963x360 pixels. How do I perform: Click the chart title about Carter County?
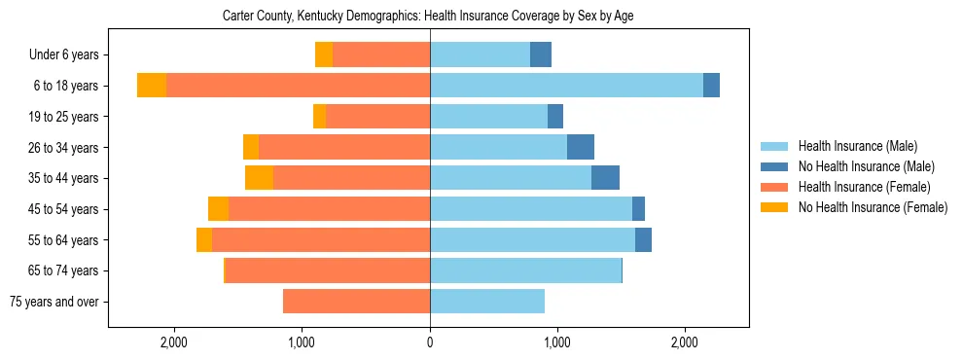tap(428, 17)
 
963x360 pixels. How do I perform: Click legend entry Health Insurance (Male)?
tap(857, 146)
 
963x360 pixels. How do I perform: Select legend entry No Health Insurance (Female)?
tap(873, 207)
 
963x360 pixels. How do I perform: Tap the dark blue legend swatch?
tap(774, 166)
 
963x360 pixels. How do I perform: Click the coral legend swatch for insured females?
tap(774, 187)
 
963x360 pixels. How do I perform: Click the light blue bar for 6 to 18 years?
tap(566, 86)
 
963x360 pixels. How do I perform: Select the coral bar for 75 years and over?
tap(356, 302)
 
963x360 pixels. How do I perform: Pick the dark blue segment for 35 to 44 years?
tap(605, 178)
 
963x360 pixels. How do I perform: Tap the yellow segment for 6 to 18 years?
tap(152, 86)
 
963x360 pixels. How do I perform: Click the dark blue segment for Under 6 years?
tap(541, 54)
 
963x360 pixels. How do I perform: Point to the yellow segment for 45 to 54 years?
tap(218, 209)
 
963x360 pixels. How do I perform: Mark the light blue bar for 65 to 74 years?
tap(525, 270)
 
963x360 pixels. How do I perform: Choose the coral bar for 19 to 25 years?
tap(377, 117)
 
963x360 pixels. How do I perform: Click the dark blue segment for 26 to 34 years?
tap(581, 147)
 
